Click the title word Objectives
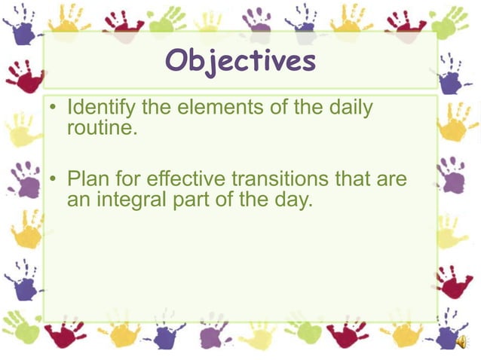pos(240,61)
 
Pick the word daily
pos(351,108)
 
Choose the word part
pos(198,200)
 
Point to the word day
pos(290,200)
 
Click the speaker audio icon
pos(461,342)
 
